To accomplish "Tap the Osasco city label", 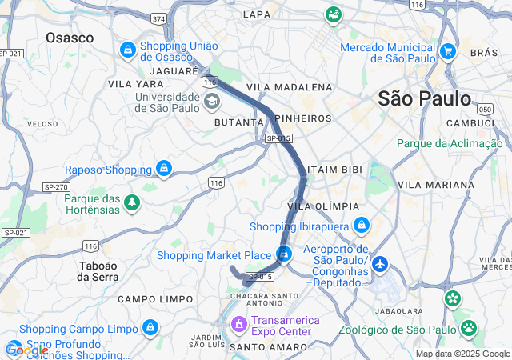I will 70,38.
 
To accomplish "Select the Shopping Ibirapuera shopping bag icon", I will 362,226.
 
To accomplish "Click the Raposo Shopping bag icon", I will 164,169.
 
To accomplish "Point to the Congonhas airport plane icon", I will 379,263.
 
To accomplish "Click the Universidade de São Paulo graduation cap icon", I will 212,101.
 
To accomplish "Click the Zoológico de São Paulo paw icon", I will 468,328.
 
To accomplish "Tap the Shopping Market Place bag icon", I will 284,255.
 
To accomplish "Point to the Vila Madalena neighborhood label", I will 289,86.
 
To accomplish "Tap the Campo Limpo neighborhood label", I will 155,298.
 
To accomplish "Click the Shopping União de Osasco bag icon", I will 127,50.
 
